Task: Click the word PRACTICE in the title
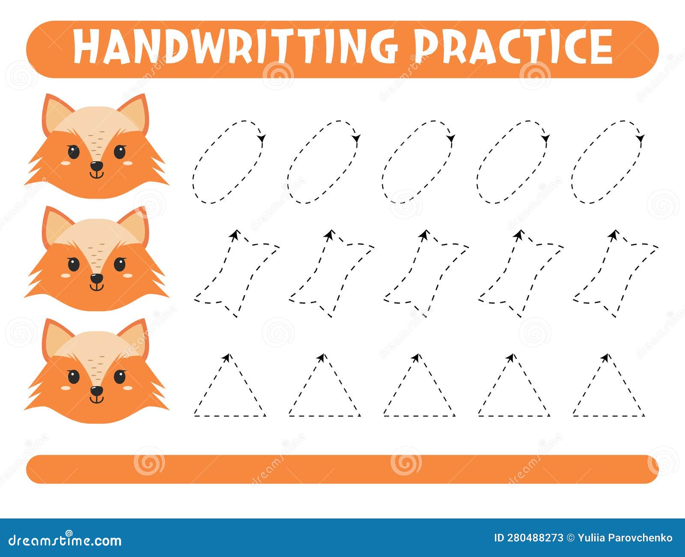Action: tap(514, 47)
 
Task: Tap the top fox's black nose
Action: tap(97, 166)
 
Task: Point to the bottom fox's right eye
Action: tap(120, 377)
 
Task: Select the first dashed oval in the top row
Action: tap(228, 162)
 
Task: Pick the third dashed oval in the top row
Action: tap(418, 162)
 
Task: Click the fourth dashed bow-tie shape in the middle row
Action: tap(520, 274)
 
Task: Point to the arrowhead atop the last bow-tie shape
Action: tap(614, 235)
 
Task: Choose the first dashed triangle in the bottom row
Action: tap(229, 387)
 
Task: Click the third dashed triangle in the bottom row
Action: tap(419, 387)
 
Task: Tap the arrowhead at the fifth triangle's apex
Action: tap(605, 357)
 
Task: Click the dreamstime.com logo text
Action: tap(65, 540)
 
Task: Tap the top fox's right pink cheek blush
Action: tap(128, 163)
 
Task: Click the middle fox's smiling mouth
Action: tap(97, 287)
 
